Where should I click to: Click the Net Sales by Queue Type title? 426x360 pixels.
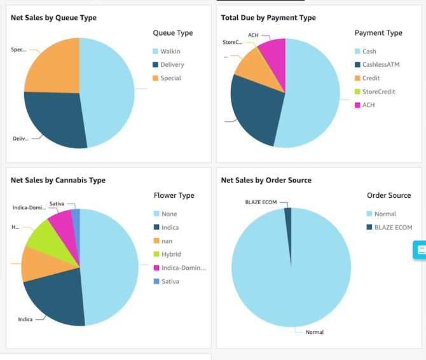(53, 18)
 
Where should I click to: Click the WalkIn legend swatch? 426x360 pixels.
(155, 51)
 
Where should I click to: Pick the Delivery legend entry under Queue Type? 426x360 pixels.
(172, 65)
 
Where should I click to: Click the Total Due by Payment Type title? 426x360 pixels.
(268, 18)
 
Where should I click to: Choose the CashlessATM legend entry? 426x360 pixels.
(380, 65)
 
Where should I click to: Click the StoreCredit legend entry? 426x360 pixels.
(378, 92)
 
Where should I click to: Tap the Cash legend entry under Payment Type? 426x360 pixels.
(369, 52)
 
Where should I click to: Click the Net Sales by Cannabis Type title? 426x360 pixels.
(58, 180)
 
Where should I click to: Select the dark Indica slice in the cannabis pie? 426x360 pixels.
(55, 296)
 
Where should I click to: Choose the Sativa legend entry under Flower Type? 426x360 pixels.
(170, 281)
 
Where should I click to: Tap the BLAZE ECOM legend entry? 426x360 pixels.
(393, 228)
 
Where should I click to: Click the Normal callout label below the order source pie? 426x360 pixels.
(314, 332)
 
